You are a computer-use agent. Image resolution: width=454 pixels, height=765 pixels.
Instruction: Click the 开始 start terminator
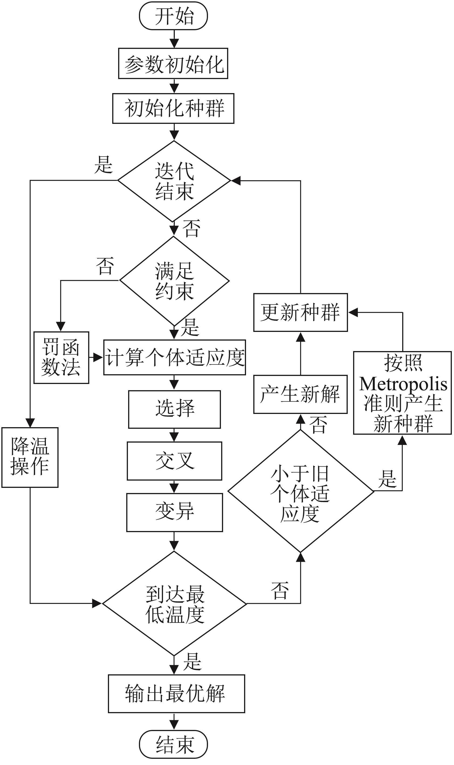(173, 16)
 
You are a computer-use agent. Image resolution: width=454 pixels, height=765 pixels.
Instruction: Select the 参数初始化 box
(173, 64)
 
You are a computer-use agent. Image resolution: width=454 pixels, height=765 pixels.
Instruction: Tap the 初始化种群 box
(173, 108)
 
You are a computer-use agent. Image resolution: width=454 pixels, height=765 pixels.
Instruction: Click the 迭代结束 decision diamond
(174, 181)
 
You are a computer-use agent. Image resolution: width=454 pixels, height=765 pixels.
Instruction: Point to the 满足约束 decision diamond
(174, 281)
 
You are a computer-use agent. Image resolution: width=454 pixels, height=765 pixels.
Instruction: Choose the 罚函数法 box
(61, 358)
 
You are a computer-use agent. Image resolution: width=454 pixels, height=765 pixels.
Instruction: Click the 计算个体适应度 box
(174, 358)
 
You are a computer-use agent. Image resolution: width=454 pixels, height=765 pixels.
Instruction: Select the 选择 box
(174, 409)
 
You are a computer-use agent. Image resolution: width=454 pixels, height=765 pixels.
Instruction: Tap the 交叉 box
(174, 461)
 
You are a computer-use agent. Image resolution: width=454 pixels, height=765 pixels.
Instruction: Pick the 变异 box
(174, 512)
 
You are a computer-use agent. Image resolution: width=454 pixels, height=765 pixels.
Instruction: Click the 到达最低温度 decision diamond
(174, 603)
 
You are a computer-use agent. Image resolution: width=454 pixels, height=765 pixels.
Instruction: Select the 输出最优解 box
(176, 693)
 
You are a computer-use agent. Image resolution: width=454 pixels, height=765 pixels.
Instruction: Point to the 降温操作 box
(30, 457)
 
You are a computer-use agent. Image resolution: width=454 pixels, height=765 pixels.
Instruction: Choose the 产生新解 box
(301, 394)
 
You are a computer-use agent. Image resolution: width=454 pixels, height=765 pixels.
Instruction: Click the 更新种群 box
(301, 312)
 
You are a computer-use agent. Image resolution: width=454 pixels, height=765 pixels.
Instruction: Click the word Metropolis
(403, 384)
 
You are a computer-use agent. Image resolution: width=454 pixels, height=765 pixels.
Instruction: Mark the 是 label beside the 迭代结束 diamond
(103, 165)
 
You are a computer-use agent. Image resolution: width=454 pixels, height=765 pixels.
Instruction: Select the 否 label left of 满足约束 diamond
(105, 266)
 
